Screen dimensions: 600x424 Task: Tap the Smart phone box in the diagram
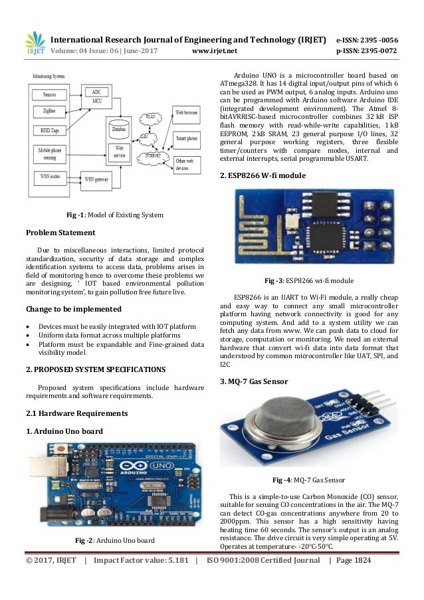(187, 138)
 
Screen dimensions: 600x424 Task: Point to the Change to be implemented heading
(64, 309)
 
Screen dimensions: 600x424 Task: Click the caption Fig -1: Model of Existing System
(114, 215)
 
